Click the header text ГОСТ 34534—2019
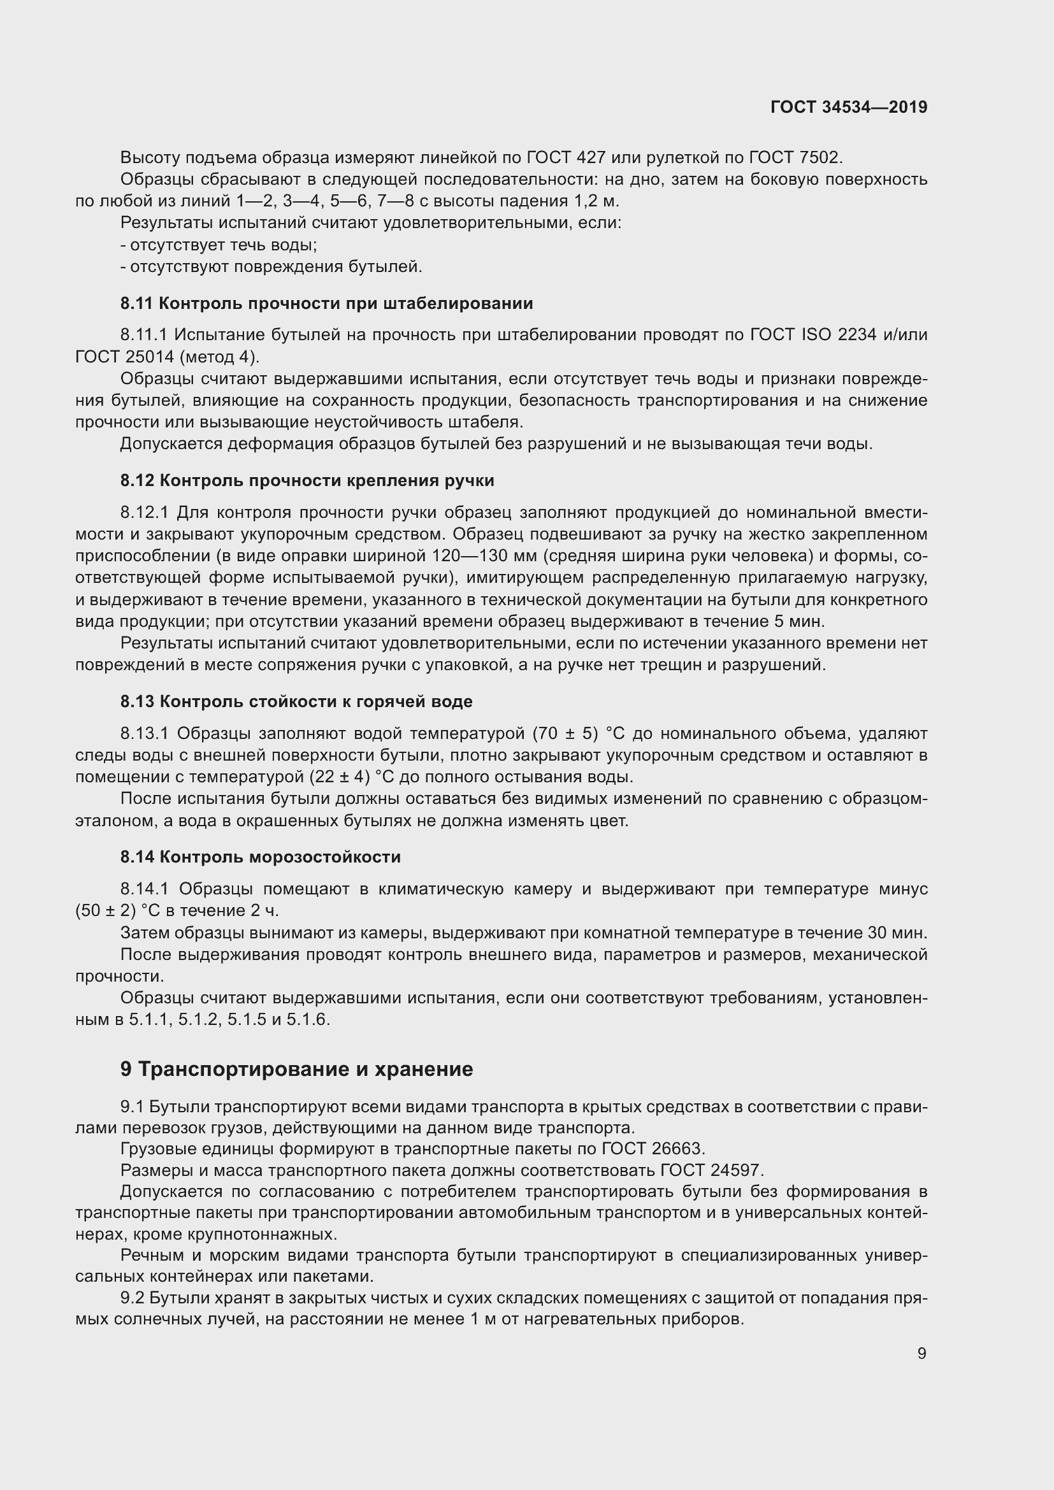(848, 107)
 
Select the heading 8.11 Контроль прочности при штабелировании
(326, 303)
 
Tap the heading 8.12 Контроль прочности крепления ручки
(307, 480)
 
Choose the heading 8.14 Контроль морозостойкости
(260, 857)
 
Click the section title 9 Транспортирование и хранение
(296, 1069)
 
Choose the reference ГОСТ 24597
(711, 1170)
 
